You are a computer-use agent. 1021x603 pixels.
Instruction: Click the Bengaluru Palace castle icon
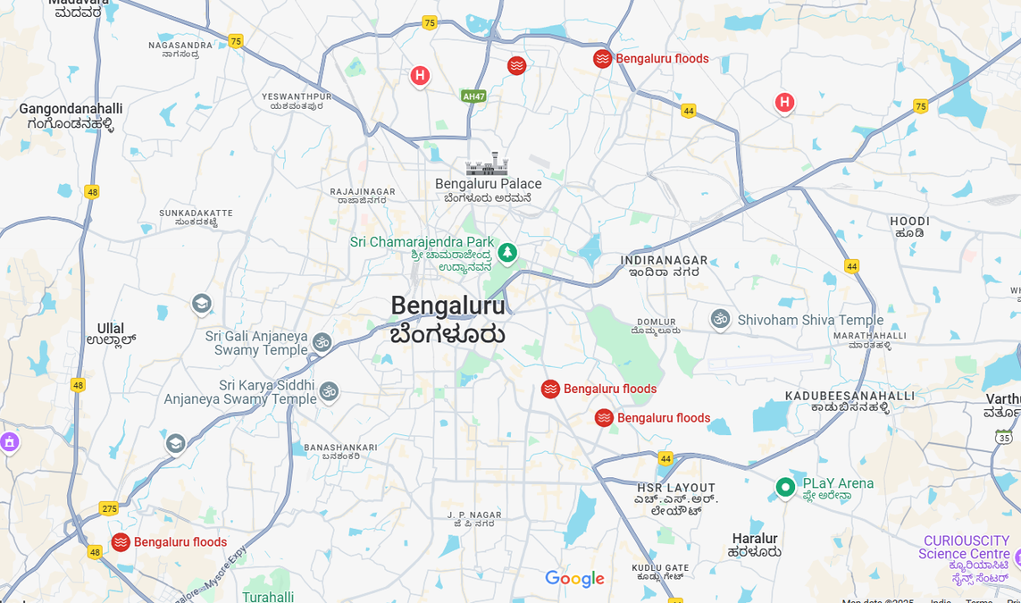tap(487, 164)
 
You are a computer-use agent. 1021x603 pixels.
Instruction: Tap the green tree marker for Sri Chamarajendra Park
tap(507, 253)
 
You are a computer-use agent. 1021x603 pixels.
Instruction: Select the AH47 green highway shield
tap(473, 96)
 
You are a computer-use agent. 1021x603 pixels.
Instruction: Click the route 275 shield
tap(109, 508)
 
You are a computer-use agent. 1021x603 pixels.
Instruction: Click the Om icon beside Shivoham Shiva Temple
tap(720, 319)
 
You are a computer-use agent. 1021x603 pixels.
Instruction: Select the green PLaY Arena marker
tap(785, 487)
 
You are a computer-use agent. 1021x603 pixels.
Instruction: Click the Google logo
tap(574, 579)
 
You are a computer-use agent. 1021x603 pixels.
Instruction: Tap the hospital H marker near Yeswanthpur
tap(420, 76)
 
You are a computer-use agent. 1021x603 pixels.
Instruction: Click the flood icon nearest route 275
tap(121, 542)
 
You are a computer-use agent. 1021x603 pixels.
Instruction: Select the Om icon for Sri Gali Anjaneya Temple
tap(322, 342)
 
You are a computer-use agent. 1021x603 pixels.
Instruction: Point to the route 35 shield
tap(1004, 437)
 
